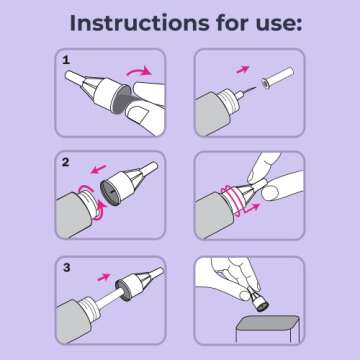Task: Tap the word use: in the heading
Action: [269, 22]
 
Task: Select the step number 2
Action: [66, 160]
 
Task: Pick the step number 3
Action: [66, 267]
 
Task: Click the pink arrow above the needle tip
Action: [242, 70]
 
